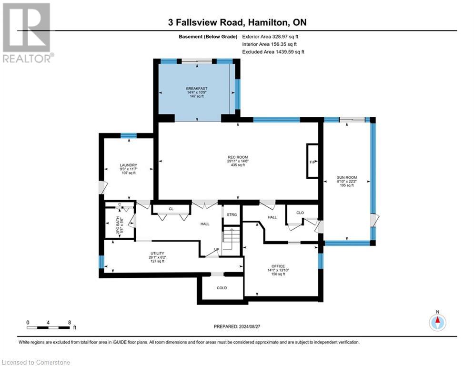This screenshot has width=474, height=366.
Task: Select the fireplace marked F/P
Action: [x=313, y=161]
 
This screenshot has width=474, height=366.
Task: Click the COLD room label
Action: [x=222, y=288]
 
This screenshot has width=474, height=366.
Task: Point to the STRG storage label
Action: [x=232, y=214]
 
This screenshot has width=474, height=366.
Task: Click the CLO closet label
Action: [x=300, y=213]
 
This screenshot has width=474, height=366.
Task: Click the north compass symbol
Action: [x=437, y=322]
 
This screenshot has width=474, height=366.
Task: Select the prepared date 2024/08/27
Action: [x=237, y=326]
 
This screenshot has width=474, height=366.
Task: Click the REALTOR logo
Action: [x=27, y=33]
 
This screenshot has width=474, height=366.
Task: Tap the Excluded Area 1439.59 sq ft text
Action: [x=273, y=52]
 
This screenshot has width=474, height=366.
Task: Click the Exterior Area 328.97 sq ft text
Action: [x=270, y=37]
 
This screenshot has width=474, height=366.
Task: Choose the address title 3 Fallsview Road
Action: [x=206, y=22]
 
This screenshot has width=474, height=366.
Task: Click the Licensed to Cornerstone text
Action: [x=36, y=362]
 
